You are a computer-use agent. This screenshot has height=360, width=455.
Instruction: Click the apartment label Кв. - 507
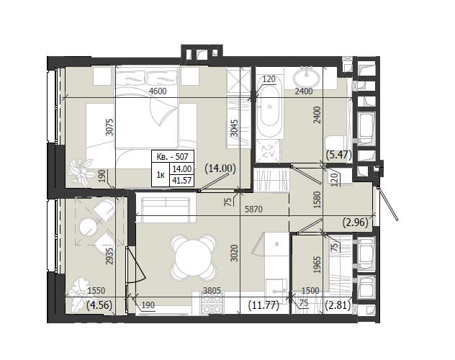(x=172, y=157)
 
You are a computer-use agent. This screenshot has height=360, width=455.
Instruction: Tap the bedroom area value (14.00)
(x=220, y=168)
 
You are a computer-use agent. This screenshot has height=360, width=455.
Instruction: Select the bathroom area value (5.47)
(x=338, y=155)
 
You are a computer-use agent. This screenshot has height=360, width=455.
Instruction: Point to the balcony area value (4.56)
(x=99, y=305)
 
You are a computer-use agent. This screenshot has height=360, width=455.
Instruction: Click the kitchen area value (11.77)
(x=263, y=305)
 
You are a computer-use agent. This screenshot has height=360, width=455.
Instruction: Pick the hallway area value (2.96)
(x=355, y=222)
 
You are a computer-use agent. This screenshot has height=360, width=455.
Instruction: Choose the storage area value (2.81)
(x=338, y=305)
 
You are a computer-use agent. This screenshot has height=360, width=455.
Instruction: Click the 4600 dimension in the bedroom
(x=158, y=91)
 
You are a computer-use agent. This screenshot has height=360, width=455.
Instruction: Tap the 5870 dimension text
(x=253, y=209)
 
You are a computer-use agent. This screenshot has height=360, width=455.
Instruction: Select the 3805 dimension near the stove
(x=212, y=290)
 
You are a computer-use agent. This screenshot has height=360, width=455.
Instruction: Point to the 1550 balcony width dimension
(x=96, y=290)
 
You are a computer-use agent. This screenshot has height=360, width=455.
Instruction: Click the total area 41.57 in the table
(x=182, y=181)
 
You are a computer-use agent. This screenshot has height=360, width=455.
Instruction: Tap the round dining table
(x=194, y=257)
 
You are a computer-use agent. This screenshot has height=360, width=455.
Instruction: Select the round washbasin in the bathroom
(x=307, y=77)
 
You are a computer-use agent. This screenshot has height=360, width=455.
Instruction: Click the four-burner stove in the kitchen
(x=212, y=303)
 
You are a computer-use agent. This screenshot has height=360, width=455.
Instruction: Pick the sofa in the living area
(x=166, y=207)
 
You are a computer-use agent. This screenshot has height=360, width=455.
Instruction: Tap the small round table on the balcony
(x=89, y=227)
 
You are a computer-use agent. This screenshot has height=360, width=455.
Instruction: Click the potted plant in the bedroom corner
(x=80, y=172)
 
